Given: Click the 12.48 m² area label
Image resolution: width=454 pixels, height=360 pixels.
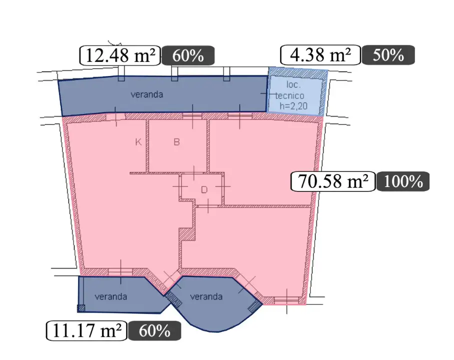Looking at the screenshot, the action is point(119,55).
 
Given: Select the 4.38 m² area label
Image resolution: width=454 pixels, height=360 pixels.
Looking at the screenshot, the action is point(320,54).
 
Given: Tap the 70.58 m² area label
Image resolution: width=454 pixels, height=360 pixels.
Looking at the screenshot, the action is point(333,181).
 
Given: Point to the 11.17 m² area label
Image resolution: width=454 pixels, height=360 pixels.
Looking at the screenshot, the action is point(86,330).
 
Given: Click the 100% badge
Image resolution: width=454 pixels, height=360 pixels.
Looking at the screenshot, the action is point(403,181).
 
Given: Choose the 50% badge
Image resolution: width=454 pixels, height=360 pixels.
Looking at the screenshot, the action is point(388,54).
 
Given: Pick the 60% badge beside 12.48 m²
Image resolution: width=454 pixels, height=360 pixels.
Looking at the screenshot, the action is point(188,55).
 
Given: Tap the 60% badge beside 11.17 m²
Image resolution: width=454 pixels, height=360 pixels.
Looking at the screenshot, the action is point(154,330).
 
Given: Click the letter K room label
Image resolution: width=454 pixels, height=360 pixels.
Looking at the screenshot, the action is point(138,142).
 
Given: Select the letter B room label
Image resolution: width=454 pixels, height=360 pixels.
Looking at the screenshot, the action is point(176,142).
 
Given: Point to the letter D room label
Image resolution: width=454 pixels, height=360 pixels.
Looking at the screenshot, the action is point(204,190).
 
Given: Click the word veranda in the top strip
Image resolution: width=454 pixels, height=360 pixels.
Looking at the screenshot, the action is point(147,94).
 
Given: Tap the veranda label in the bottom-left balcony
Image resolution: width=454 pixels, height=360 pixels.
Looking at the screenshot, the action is point(111,296).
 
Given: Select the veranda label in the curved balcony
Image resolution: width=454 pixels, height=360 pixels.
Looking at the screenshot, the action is point(206,296).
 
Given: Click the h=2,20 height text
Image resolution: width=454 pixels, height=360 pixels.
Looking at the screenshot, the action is point(293,106).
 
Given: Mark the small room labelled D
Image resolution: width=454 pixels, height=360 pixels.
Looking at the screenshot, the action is point(202,188).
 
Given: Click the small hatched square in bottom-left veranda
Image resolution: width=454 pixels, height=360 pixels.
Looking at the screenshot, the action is point(81,308).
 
